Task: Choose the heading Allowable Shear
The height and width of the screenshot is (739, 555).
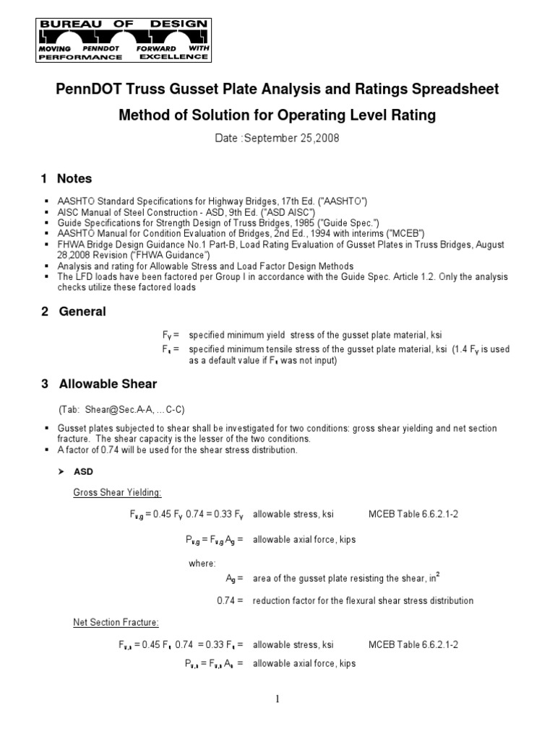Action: tap(108, 384)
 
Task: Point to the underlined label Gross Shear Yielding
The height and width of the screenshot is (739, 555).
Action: tap(117, 492)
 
